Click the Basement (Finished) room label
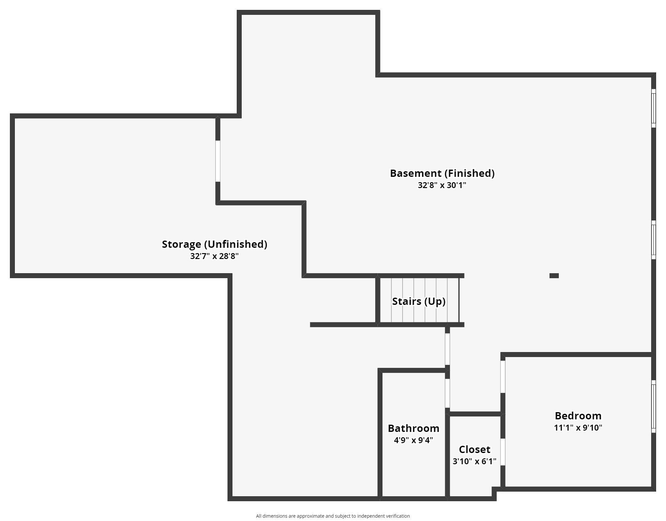click(442, 173)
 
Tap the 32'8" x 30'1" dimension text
click(442, 185)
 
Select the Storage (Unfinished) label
click(214, 244)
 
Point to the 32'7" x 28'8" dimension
click(214, 256)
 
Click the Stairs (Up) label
click(418, 301)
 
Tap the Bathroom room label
click(413, 428)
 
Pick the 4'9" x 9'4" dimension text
click(413, 440)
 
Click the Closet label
click(474, 449)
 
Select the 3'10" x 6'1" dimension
click(474, 461)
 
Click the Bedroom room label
click(578, 416)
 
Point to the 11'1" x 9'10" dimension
click(578, 428)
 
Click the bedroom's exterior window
click(653, 406)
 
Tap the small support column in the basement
click(554, 276)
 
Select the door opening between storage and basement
click(218, 161)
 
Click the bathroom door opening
click(447, 393)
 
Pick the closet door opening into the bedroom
click(503, 452)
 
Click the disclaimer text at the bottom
click(333, 516)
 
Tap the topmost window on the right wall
click(653, 108)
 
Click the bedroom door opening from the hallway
click(503, 376)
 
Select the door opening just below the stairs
click(447, 349)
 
